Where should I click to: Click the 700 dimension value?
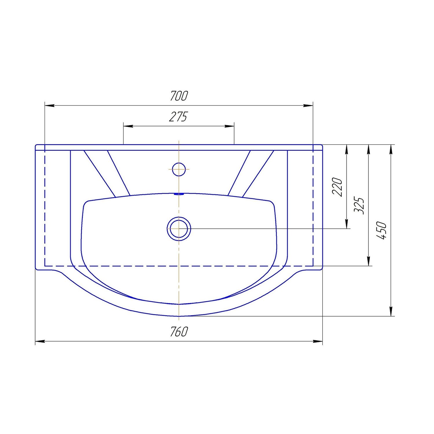coord(179,96)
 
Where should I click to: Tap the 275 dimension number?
coord(178,117)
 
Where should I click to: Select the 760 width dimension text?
coord(179,332)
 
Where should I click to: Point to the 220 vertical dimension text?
coord(337,187)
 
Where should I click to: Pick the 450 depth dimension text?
coord(381,230)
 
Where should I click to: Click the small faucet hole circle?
coord(179,169)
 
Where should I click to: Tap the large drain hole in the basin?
coord(179,229)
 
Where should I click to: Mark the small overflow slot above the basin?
coord(179,194)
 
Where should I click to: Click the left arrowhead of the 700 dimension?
coord(49,106)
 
